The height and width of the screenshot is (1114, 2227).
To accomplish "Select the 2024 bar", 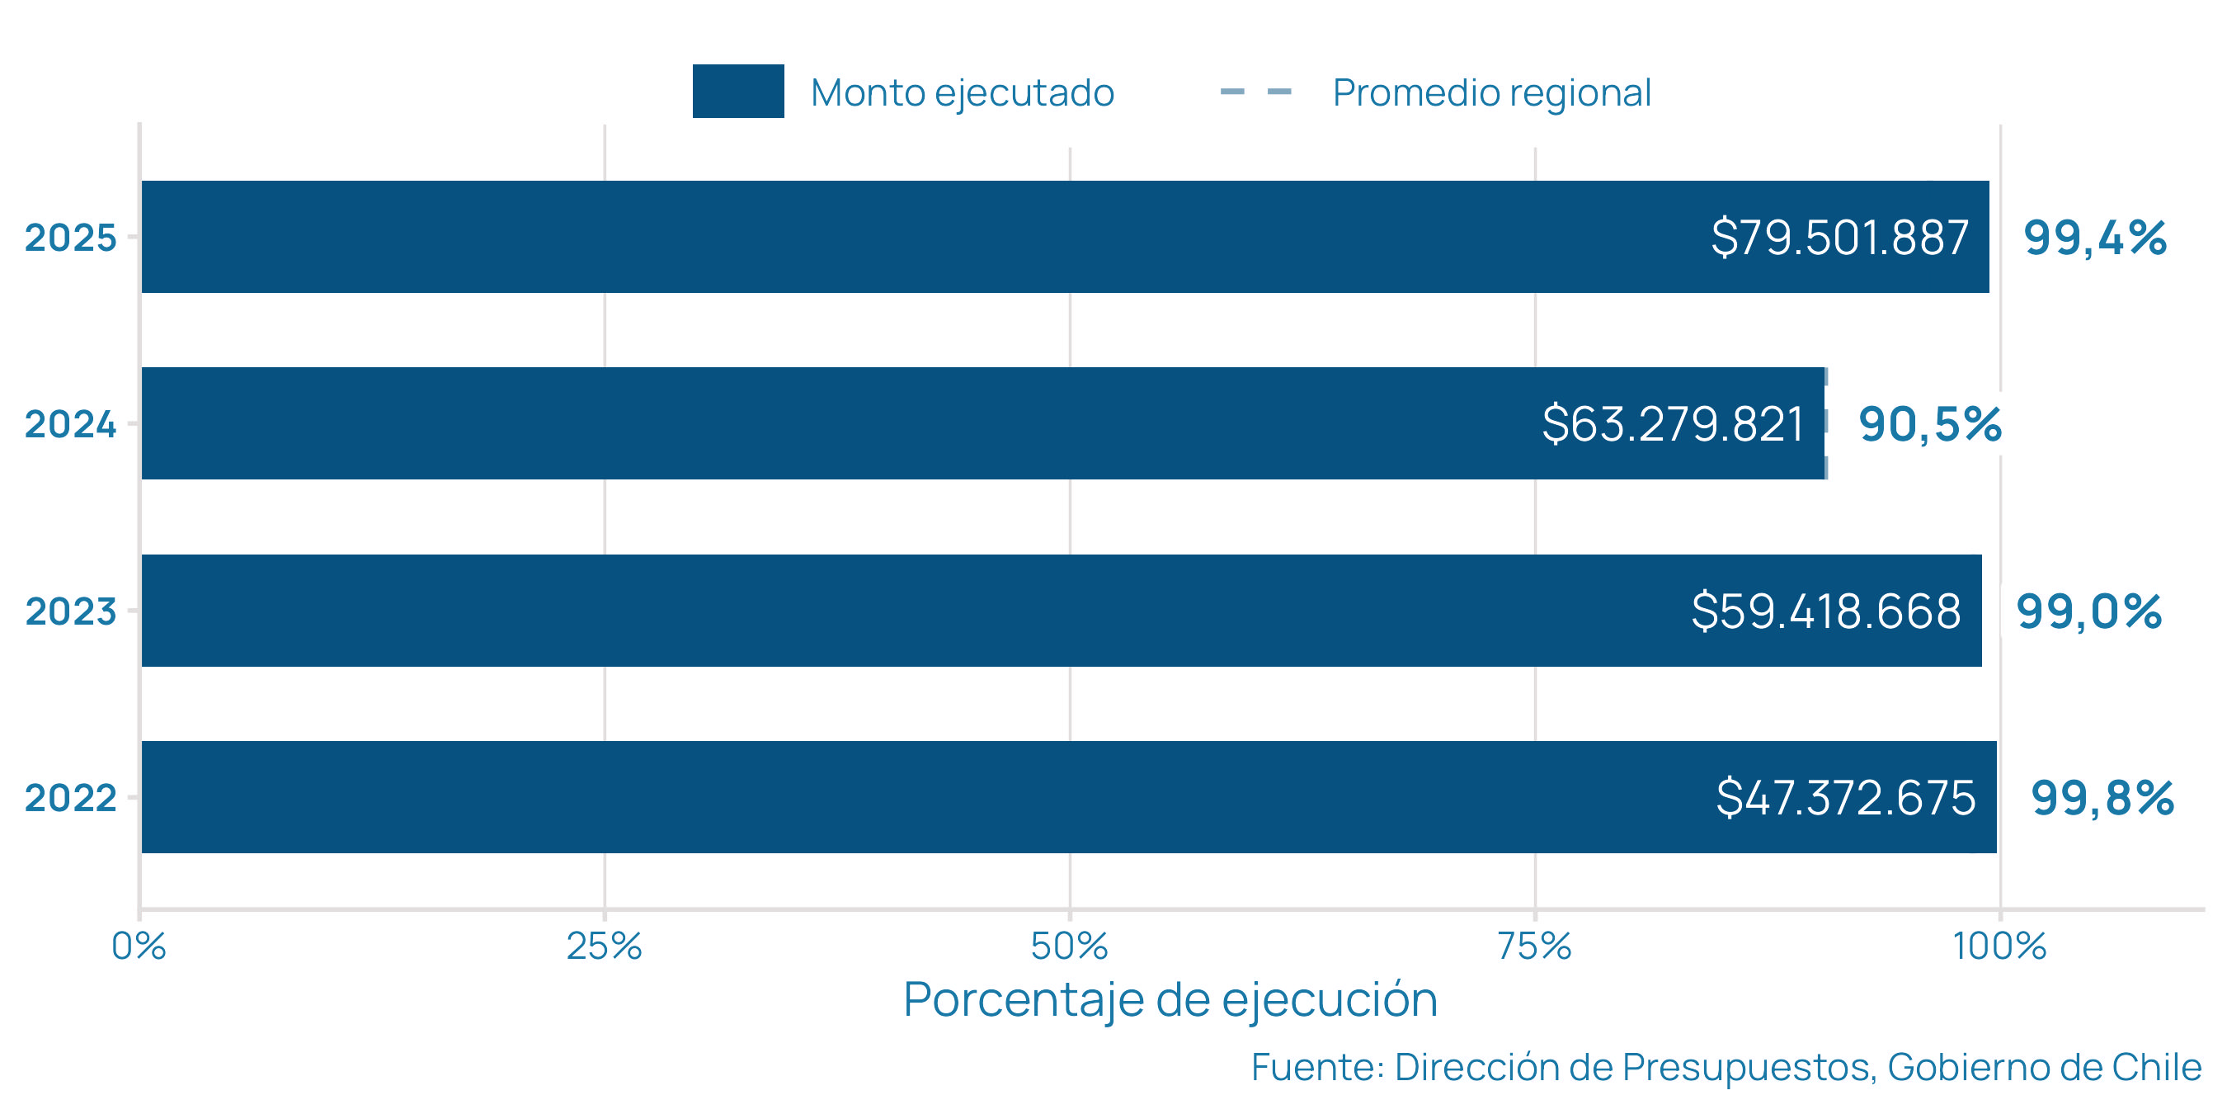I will [x=864, y=423].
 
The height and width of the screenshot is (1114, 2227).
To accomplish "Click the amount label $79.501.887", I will [x=1839, y=237].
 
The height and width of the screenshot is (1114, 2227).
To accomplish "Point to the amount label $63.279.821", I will [x=1673, y=424].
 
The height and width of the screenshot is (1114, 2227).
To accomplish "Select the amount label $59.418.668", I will [x=1826, y=611].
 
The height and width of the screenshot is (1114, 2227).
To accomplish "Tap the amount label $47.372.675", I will [x=1846, y=797].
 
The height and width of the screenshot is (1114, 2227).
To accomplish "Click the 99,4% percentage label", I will [x=2095, y=238].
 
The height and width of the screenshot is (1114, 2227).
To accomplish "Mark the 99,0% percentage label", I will [x=2088, y=611].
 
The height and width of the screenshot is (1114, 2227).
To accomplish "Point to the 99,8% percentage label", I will [x=2102, y=797].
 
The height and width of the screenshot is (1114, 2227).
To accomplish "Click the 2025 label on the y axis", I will [x=70, y=238].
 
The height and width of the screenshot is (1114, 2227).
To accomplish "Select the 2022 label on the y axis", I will [x=70, y=797].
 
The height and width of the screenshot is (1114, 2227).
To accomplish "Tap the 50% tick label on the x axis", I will [x=1070, y=946].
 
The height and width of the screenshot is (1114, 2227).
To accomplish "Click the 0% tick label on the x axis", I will [x=139, y=946].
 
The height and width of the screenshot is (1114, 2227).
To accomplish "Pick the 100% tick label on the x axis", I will [x=1999, y=946].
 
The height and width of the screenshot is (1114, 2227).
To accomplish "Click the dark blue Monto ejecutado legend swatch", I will [x=737, y=91].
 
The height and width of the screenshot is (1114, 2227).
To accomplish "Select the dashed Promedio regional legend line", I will [x=1255, y=91].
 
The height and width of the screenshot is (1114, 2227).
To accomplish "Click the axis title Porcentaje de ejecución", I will [x=1170, y=1000].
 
